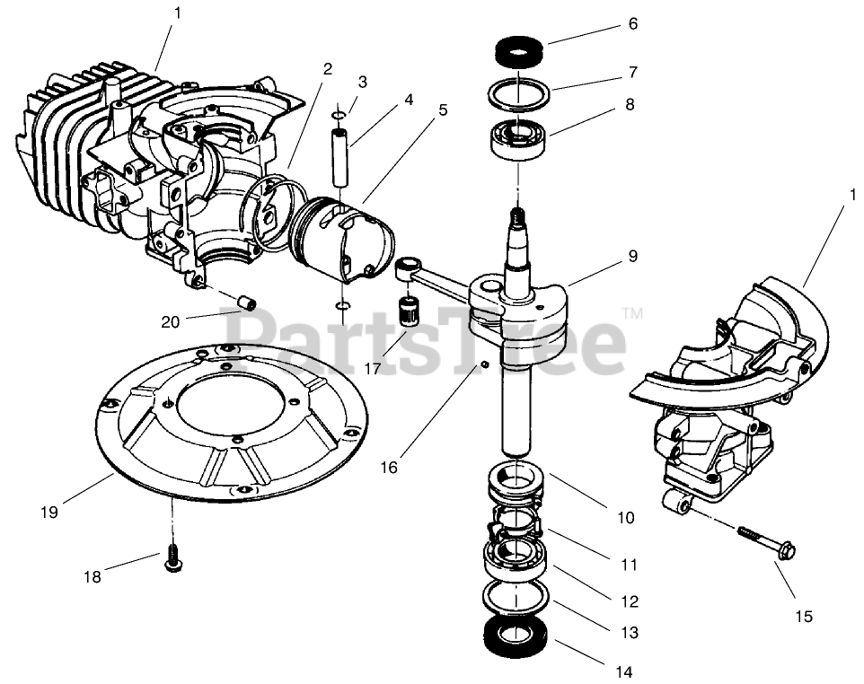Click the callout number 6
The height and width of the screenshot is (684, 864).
(632, 24)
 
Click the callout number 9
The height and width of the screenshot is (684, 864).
(632, 256)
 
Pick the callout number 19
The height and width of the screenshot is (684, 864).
(49, 512)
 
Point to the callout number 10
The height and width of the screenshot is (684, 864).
(625, 517)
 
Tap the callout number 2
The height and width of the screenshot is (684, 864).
(327, 68)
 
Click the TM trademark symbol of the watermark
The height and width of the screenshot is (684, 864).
(632, 314)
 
